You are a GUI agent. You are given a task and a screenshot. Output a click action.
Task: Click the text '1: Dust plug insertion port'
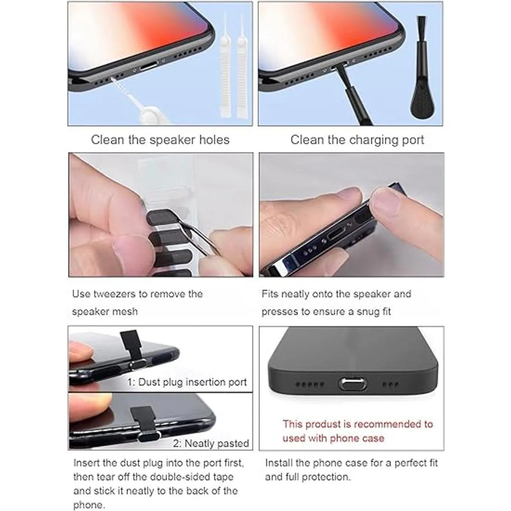(187, 382)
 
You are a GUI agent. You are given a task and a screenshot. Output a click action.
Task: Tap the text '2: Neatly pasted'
(211, 443)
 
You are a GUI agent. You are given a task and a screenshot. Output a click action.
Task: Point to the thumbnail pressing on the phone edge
(386, 201)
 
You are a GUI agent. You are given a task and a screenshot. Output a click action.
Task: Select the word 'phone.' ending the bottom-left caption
(89, 505)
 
